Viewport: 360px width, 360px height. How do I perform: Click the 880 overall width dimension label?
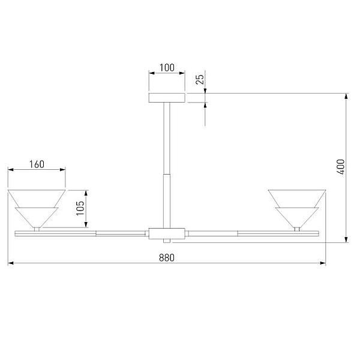(x=167, y=257)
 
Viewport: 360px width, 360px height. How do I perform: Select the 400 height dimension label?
(x=341, y=167)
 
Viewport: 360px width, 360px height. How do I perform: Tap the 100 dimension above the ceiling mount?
(x=167, y=68)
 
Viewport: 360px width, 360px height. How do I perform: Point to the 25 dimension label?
(x=200, y=79)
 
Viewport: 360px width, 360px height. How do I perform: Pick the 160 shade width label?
(x=37, y=164)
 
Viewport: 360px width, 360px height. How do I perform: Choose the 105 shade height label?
(x=80, y=208)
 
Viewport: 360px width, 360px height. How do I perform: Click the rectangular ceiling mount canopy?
(x=167, y=98)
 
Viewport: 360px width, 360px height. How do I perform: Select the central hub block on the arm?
(x=167, y=233)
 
